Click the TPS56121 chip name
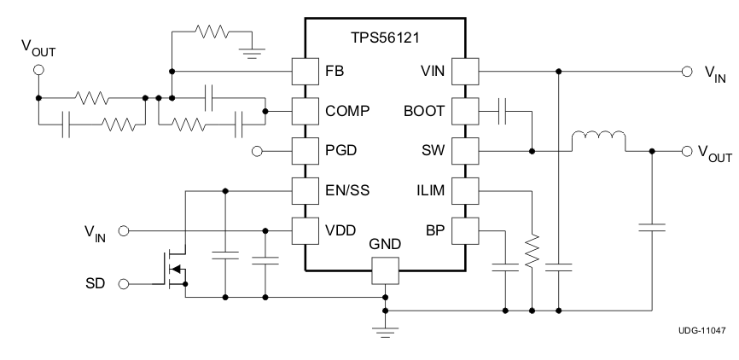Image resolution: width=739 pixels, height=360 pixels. click(x=385, y=39)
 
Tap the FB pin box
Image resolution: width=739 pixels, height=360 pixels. click(x=305, y=70)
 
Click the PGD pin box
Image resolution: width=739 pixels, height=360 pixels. click(x=305, y=152)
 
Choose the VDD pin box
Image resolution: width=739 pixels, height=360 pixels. click(x=305, y=229)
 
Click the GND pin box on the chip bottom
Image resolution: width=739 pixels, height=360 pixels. click(x=385, y=270)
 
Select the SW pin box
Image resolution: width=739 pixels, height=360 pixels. click(x=465, y=152)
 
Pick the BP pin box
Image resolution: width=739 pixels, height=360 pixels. click(x=465, y=229)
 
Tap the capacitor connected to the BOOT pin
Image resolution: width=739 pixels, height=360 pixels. click(x=504, y=111)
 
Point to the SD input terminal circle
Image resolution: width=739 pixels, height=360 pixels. click(x=123, y=283)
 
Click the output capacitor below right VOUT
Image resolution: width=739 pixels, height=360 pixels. click(x=653, y=227)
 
